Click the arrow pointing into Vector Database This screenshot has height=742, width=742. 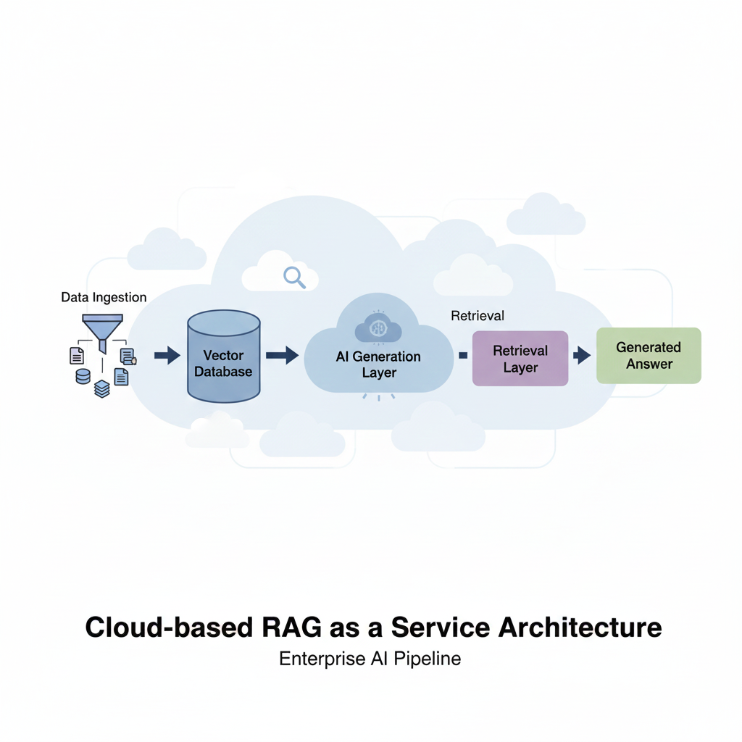click(167, 355)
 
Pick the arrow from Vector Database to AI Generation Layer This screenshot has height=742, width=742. click(282, 355)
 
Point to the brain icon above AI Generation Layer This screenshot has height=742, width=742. click(378, 328)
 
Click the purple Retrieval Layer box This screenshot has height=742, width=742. click(520, 359)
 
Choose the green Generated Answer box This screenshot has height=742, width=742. click(649, 355)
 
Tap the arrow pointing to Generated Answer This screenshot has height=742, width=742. click(581, 355)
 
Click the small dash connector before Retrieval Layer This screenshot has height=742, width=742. click(462, 355)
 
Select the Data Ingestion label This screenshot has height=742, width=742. click(104, 297)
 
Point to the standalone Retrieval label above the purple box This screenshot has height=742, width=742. click(478, 316)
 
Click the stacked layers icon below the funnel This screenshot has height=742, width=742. click(102, 388)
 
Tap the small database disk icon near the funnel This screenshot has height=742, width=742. click(83, 376)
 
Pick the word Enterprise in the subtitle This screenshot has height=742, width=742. click(316, 659)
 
